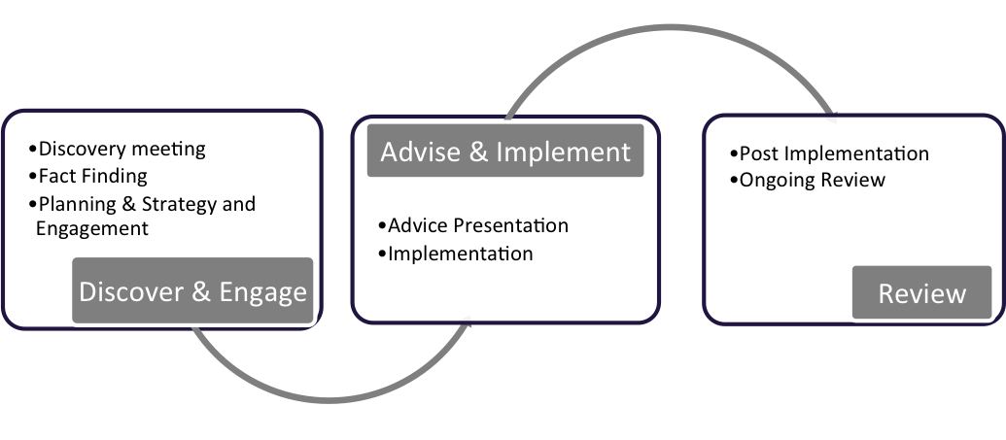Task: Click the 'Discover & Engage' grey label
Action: (x=192, y=290)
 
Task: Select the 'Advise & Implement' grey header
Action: (x=505, y=151)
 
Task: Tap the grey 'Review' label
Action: (x=922, y=292)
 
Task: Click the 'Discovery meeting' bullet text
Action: (x=118, y=149)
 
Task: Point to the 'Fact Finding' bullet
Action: (x=87, y=176)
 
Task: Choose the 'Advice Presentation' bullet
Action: (x=473, y=225)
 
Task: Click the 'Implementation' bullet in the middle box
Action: (x=456, y=254)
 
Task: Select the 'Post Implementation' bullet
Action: (x=829, y=153)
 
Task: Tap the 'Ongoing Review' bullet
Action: (x=808, y=181)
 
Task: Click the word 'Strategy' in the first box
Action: (x=179, y=205)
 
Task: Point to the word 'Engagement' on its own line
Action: (x=92, y=229)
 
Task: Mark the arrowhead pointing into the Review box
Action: (x=831, y=117)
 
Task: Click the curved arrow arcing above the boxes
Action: (x=671, y=28)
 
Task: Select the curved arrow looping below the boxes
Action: (x=329, y=399)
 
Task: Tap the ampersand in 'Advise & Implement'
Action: (x=478, y=152)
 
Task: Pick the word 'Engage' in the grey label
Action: (x=263, y=292)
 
